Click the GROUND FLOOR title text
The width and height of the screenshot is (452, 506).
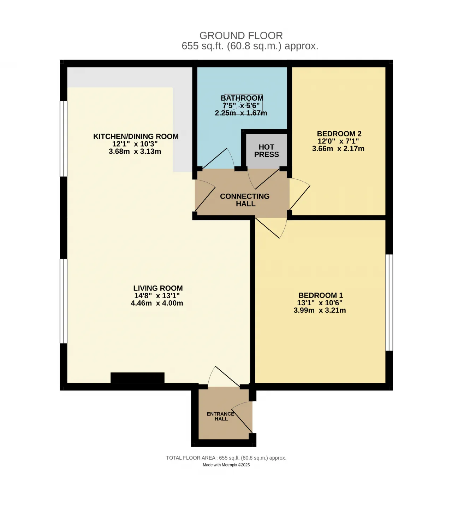pos(241,36)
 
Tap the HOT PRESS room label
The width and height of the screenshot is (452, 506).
pos(266,151)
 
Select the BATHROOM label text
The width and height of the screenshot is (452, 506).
pos(242,98)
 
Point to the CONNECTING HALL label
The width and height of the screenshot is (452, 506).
pos(245,200)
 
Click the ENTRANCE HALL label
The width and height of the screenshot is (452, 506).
pos(221,416)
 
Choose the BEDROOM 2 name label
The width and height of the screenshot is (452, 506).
pos(339,134)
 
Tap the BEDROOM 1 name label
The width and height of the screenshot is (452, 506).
pos(321,295)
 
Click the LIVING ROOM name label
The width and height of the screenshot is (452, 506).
pos(158,288)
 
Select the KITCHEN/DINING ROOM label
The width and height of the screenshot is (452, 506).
pos(136,136)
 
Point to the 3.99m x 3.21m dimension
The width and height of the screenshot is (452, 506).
pos(320,310)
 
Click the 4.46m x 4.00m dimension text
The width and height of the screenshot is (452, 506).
pos(157,303)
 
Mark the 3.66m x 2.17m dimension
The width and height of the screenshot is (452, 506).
pos(338,149)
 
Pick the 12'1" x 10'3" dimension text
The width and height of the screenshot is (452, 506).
pos(135,144)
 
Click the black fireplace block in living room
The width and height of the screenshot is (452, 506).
pos(137,378)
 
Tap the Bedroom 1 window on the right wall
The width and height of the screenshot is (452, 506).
pos(389,302)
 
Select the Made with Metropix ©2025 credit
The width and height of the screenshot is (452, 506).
pos(226,465)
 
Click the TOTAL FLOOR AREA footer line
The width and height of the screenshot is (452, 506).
pos(226,458)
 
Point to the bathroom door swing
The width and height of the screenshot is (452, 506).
pos(218,158)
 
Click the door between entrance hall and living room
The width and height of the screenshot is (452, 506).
pos(224,377)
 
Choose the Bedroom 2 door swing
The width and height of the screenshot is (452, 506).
pos(300,194)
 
